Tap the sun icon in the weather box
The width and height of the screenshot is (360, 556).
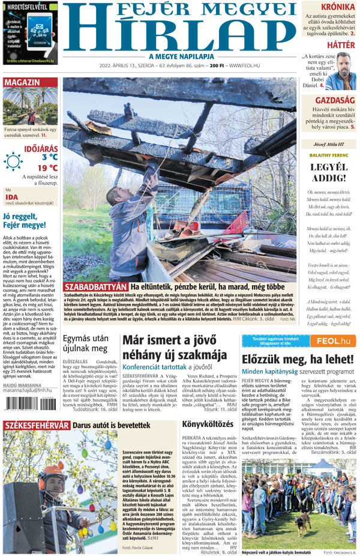(13, 162)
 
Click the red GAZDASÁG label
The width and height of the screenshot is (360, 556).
(335, 100)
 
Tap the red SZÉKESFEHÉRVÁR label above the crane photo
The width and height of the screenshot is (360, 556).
(37, 426)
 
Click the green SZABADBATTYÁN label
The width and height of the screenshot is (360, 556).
(95, 287)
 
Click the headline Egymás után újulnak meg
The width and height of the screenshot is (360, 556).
(85, 343)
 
